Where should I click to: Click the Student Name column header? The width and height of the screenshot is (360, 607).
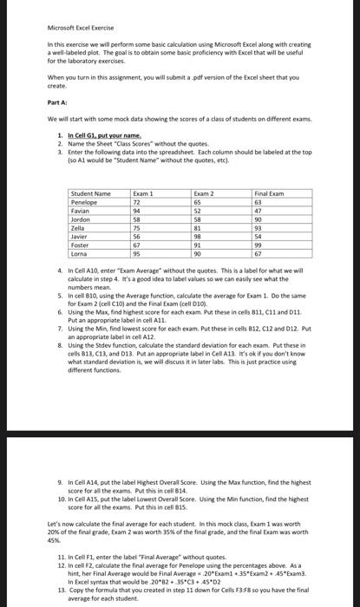point(91,168)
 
